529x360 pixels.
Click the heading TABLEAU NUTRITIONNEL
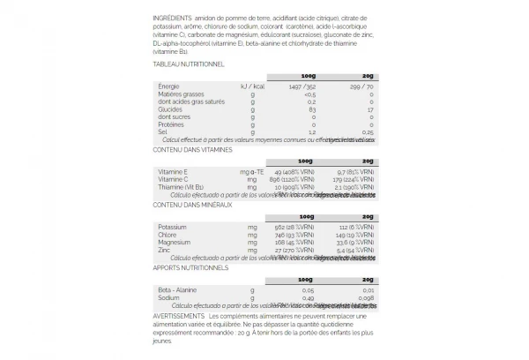tap(188, 64)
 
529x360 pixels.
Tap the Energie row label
tap(168, 86)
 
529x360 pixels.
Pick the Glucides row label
tap(169, 109)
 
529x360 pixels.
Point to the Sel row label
tap(163, 132)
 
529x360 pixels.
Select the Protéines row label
tap(171, 124)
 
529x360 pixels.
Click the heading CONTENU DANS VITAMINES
tap(191, 150)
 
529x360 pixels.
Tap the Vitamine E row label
tap(173, 172)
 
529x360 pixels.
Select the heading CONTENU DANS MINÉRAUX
tap(191, 205)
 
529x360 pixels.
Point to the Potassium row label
tap(173, 227)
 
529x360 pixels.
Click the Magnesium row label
tap(175, 242)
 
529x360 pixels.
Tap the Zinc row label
tap(165, 250)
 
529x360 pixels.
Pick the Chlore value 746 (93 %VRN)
tap(295, 235)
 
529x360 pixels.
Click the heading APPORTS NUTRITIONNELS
tap(190, 266)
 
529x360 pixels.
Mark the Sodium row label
tap(168, 297)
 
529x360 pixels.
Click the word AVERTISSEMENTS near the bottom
tap(183, 314)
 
